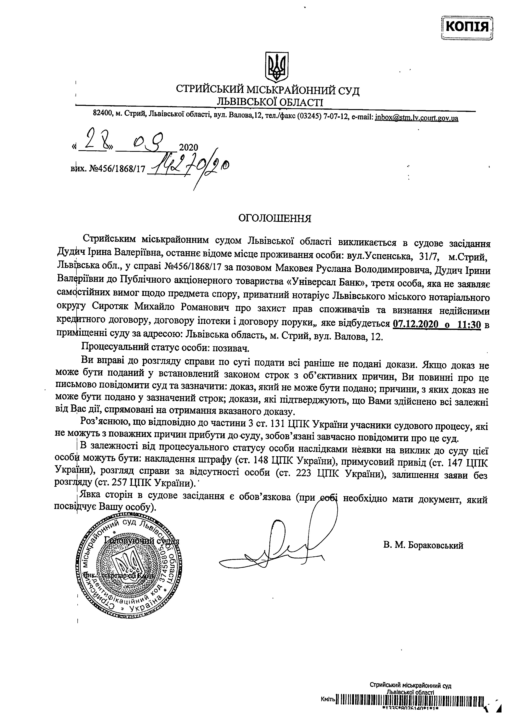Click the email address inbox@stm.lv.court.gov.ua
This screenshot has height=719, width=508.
click(416, 119)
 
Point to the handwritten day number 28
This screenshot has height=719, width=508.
click(93, 144)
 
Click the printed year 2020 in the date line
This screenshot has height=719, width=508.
click(189, 148)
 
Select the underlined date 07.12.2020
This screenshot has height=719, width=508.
click(417, 325)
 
